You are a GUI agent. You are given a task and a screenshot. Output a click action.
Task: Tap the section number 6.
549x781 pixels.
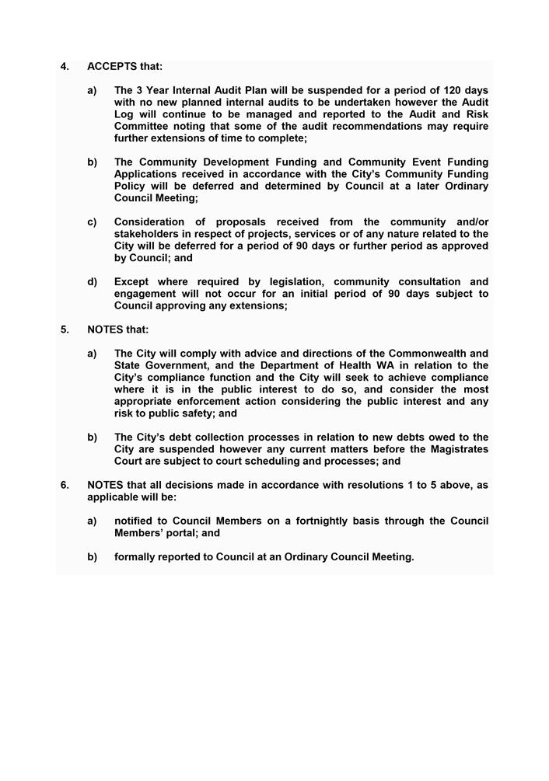(x=65, y=485)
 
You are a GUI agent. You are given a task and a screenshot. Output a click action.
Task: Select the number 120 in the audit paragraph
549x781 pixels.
(x=442, y=91)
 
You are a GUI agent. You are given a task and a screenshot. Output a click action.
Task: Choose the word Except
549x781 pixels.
(x=132, y=282)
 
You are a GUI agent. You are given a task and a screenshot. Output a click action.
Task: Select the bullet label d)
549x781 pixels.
(x=93, y=282)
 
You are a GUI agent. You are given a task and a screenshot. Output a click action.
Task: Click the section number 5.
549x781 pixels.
(x=65, y=329)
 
